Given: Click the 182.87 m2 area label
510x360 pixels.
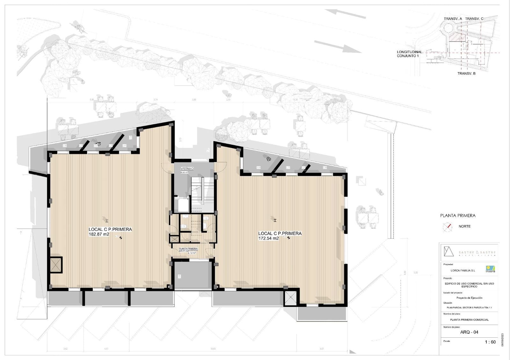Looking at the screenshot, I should coord(99,234).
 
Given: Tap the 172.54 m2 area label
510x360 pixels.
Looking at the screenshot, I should coord(268,238).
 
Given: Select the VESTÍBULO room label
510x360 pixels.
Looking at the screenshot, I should coord(187,169).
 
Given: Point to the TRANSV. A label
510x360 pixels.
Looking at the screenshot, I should coord(453,19).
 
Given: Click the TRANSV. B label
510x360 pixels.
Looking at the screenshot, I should coord(466,74).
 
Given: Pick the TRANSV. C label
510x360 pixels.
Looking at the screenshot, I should coord(474,19).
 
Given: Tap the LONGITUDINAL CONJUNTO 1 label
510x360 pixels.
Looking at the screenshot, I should coord(409,54).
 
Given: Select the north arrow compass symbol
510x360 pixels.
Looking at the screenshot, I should coord(448,227).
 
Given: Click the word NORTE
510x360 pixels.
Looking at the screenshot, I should coord(464,227).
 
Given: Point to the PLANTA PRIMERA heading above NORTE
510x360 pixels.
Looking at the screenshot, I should coord(458,216).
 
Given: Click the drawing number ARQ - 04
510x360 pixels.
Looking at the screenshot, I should coord(469,332).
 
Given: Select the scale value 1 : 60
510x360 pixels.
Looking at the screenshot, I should coord(490,342).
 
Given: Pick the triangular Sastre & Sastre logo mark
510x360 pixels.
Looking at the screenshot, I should coord(448,252).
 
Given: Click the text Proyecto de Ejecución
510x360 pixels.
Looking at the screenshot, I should coord(469,298).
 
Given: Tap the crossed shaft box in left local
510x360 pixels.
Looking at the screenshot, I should coord(56,264).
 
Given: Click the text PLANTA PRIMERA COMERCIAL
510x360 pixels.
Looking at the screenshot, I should coord(469,320).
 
